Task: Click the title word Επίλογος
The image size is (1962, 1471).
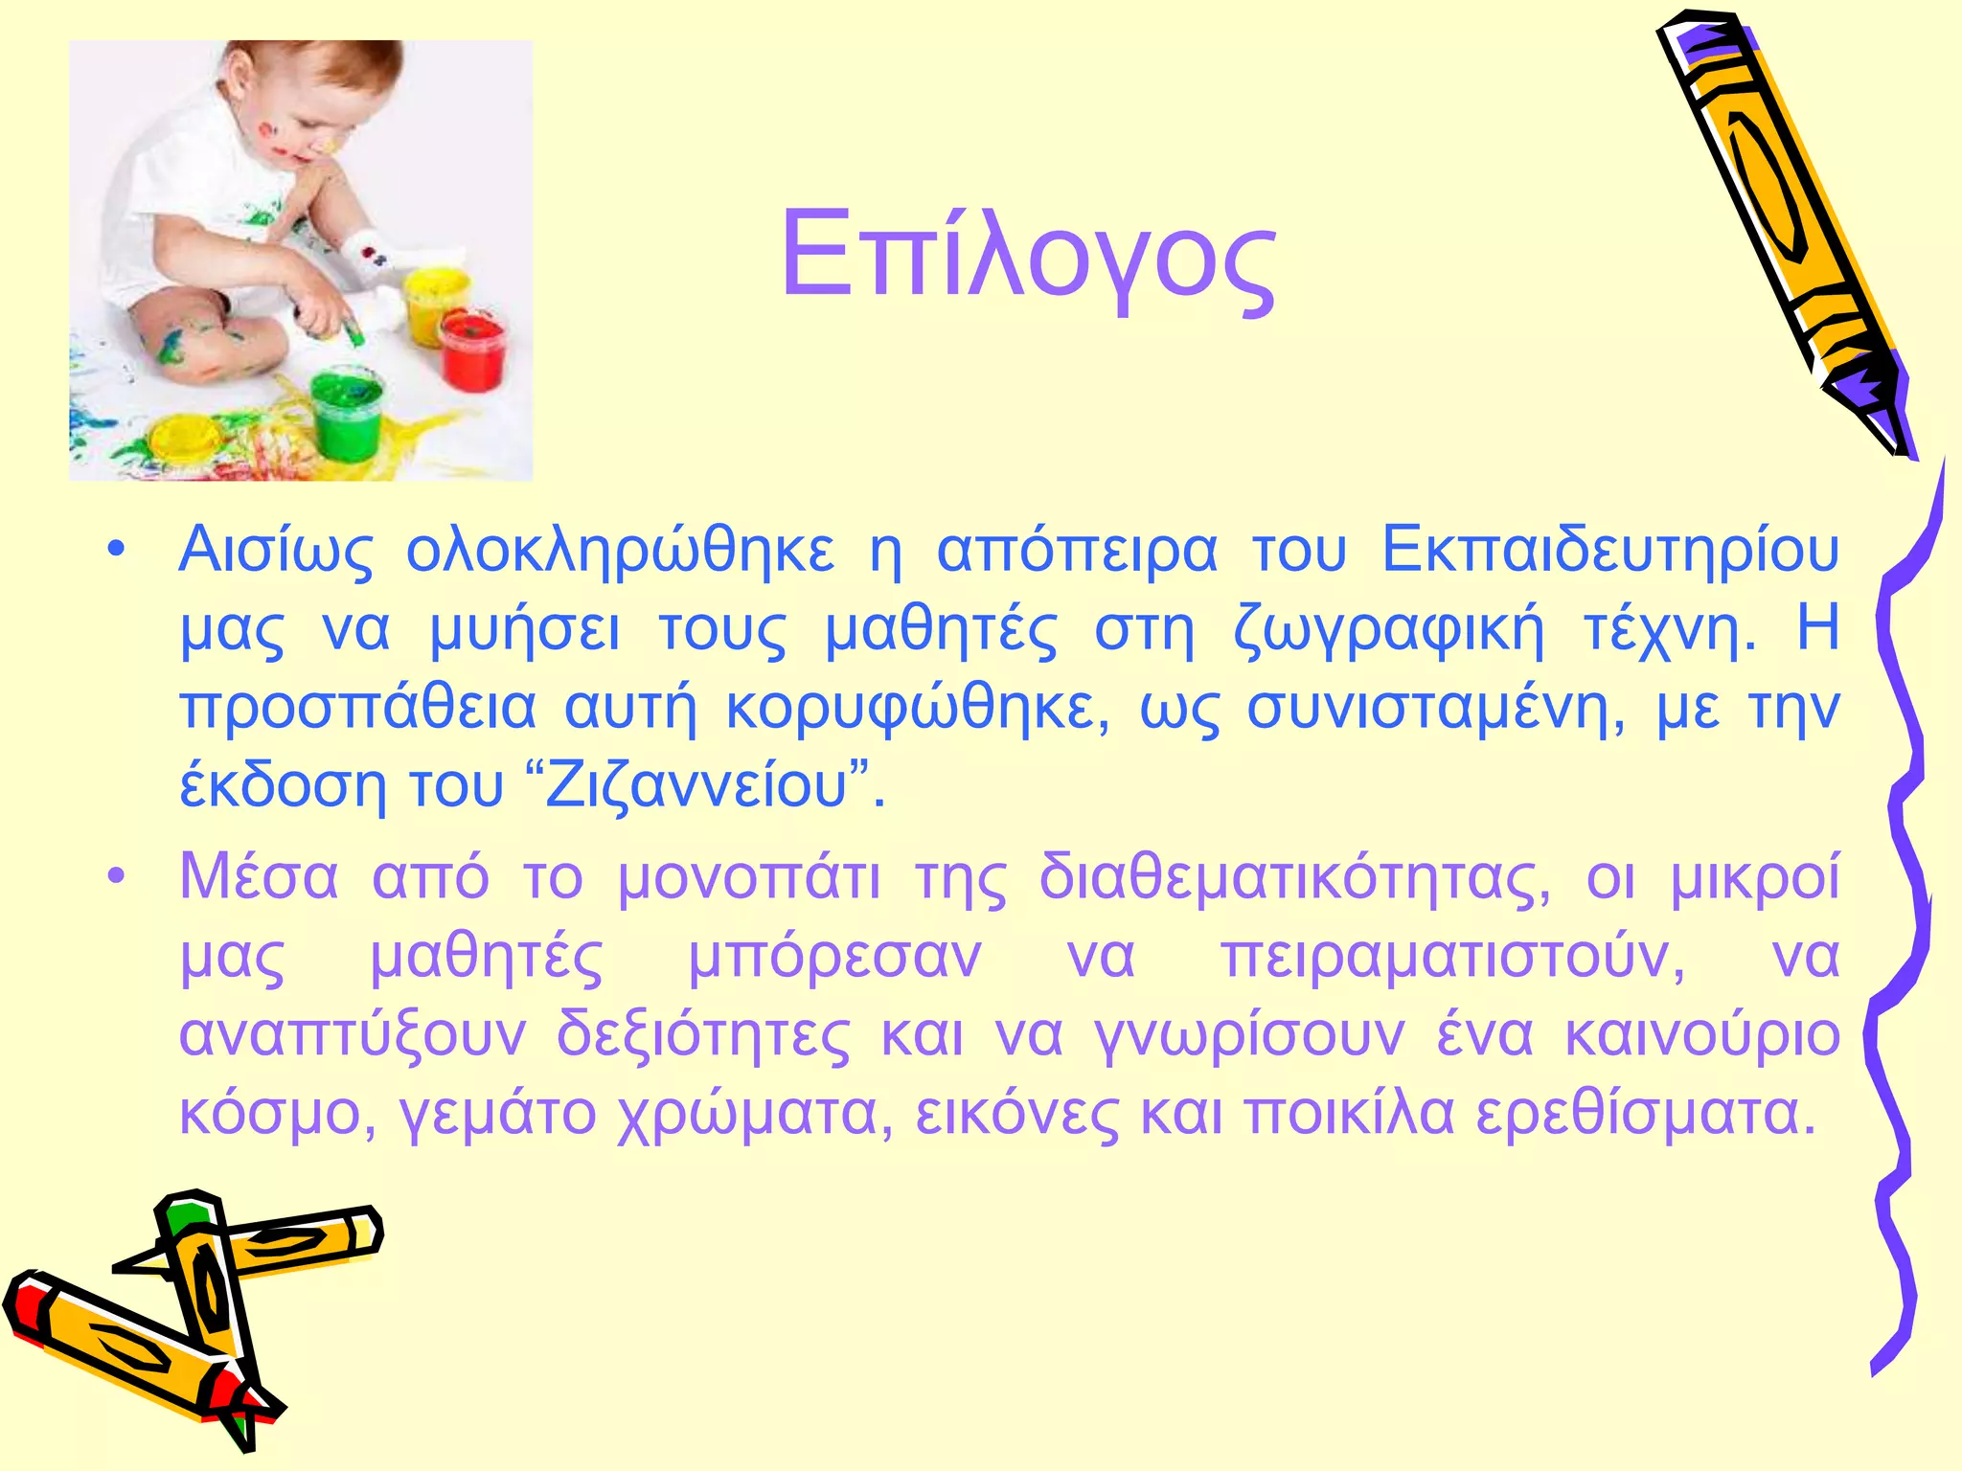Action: click(x=1027, y=257)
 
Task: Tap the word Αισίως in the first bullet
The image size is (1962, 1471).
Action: click(x=276, y=553)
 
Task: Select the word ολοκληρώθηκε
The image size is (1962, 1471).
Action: click(x=621, y=553)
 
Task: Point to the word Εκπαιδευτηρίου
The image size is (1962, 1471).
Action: click(x=1609, y=553)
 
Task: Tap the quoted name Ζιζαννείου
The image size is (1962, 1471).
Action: click(x=697, y=787)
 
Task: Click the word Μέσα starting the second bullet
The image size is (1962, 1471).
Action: click(x=259, y=877)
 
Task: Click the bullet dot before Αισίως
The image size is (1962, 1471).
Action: click(x=116, y=553)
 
